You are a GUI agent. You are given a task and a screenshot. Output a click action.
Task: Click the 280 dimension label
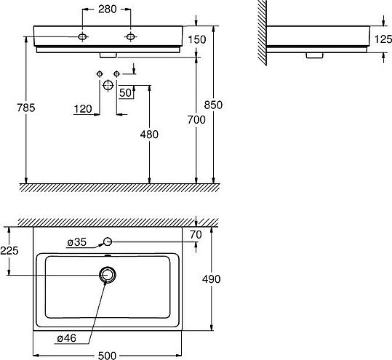pos(107,9)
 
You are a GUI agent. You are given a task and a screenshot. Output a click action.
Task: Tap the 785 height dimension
pos(26,108)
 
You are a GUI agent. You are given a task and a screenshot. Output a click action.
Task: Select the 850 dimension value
pos(213,105)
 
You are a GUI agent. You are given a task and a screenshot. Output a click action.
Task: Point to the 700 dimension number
pos(196,120)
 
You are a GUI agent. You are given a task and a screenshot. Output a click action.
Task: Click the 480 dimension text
pos(149,135)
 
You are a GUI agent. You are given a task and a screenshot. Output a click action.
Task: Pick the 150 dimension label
pos(197,39)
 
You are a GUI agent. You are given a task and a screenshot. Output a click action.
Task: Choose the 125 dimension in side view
pos(383,39)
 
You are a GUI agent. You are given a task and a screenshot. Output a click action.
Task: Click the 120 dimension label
pos(83,109)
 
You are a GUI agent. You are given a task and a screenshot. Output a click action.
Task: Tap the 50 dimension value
pos(125,93)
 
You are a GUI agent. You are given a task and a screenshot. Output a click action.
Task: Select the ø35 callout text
pos(77,242)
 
